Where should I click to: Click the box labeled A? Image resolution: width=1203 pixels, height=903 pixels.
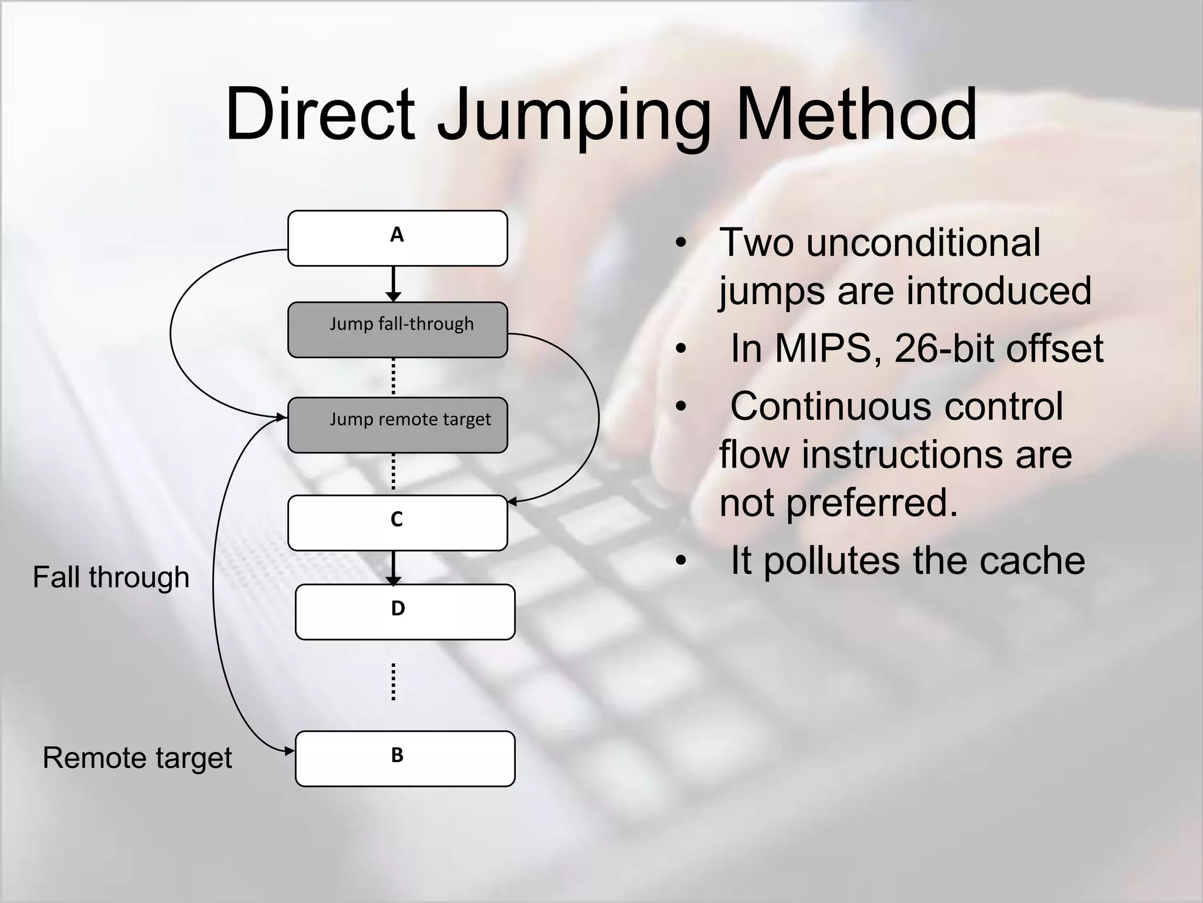[397, 238]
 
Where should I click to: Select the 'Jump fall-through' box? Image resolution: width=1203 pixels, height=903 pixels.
[397, 330]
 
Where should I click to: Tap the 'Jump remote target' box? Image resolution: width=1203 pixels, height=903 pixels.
[397, 425]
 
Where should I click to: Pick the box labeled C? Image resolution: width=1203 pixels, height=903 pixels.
[397, 523]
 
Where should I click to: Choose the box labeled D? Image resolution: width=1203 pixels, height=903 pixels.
[405, 611]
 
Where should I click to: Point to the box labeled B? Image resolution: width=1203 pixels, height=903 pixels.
[405, 758]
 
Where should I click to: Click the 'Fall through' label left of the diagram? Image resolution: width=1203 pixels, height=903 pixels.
[111, 577]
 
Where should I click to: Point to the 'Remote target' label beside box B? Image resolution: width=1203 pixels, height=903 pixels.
[137, 758]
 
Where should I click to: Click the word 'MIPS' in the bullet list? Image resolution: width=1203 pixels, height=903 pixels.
[822, 349]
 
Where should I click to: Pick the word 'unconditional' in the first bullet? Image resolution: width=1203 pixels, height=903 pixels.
[922, 242]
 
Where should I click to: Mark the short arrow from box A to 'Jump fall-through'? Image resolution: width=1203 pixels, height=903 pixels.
[394, 283]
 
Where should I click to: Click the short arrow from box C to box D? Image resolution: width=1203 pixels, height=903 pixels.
[394, 567]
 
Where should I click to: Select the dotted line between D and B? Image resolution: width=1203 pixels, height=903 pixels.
[394, 682]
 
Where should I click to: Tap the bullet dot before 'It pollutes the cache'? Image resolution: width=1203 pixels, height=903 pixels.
[681, 561]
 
